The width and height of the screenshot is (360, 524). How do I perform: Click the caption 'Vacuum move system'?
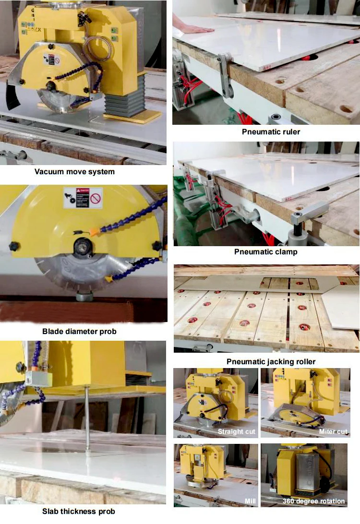coord(74,171)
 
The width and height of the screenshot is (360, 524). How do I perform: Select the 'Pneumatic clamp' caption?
coord(265,251)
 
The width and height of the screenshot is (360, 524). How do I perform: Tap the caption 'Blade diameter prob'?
coord(79,331)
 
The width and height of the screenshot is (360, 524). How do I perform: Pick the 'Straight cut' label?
coord(237,431)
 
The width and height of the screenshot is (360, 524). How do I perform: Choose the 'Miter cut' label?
coord(333,431)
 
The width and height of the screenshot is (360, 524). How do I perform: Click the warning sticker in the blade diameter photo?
coord(83,197)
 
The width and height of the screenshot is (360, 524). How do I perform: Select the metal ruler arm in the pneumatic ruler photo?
coord(225,77)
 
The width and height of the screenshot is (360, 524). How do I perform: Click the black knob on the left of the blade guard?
coord(14,246)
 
